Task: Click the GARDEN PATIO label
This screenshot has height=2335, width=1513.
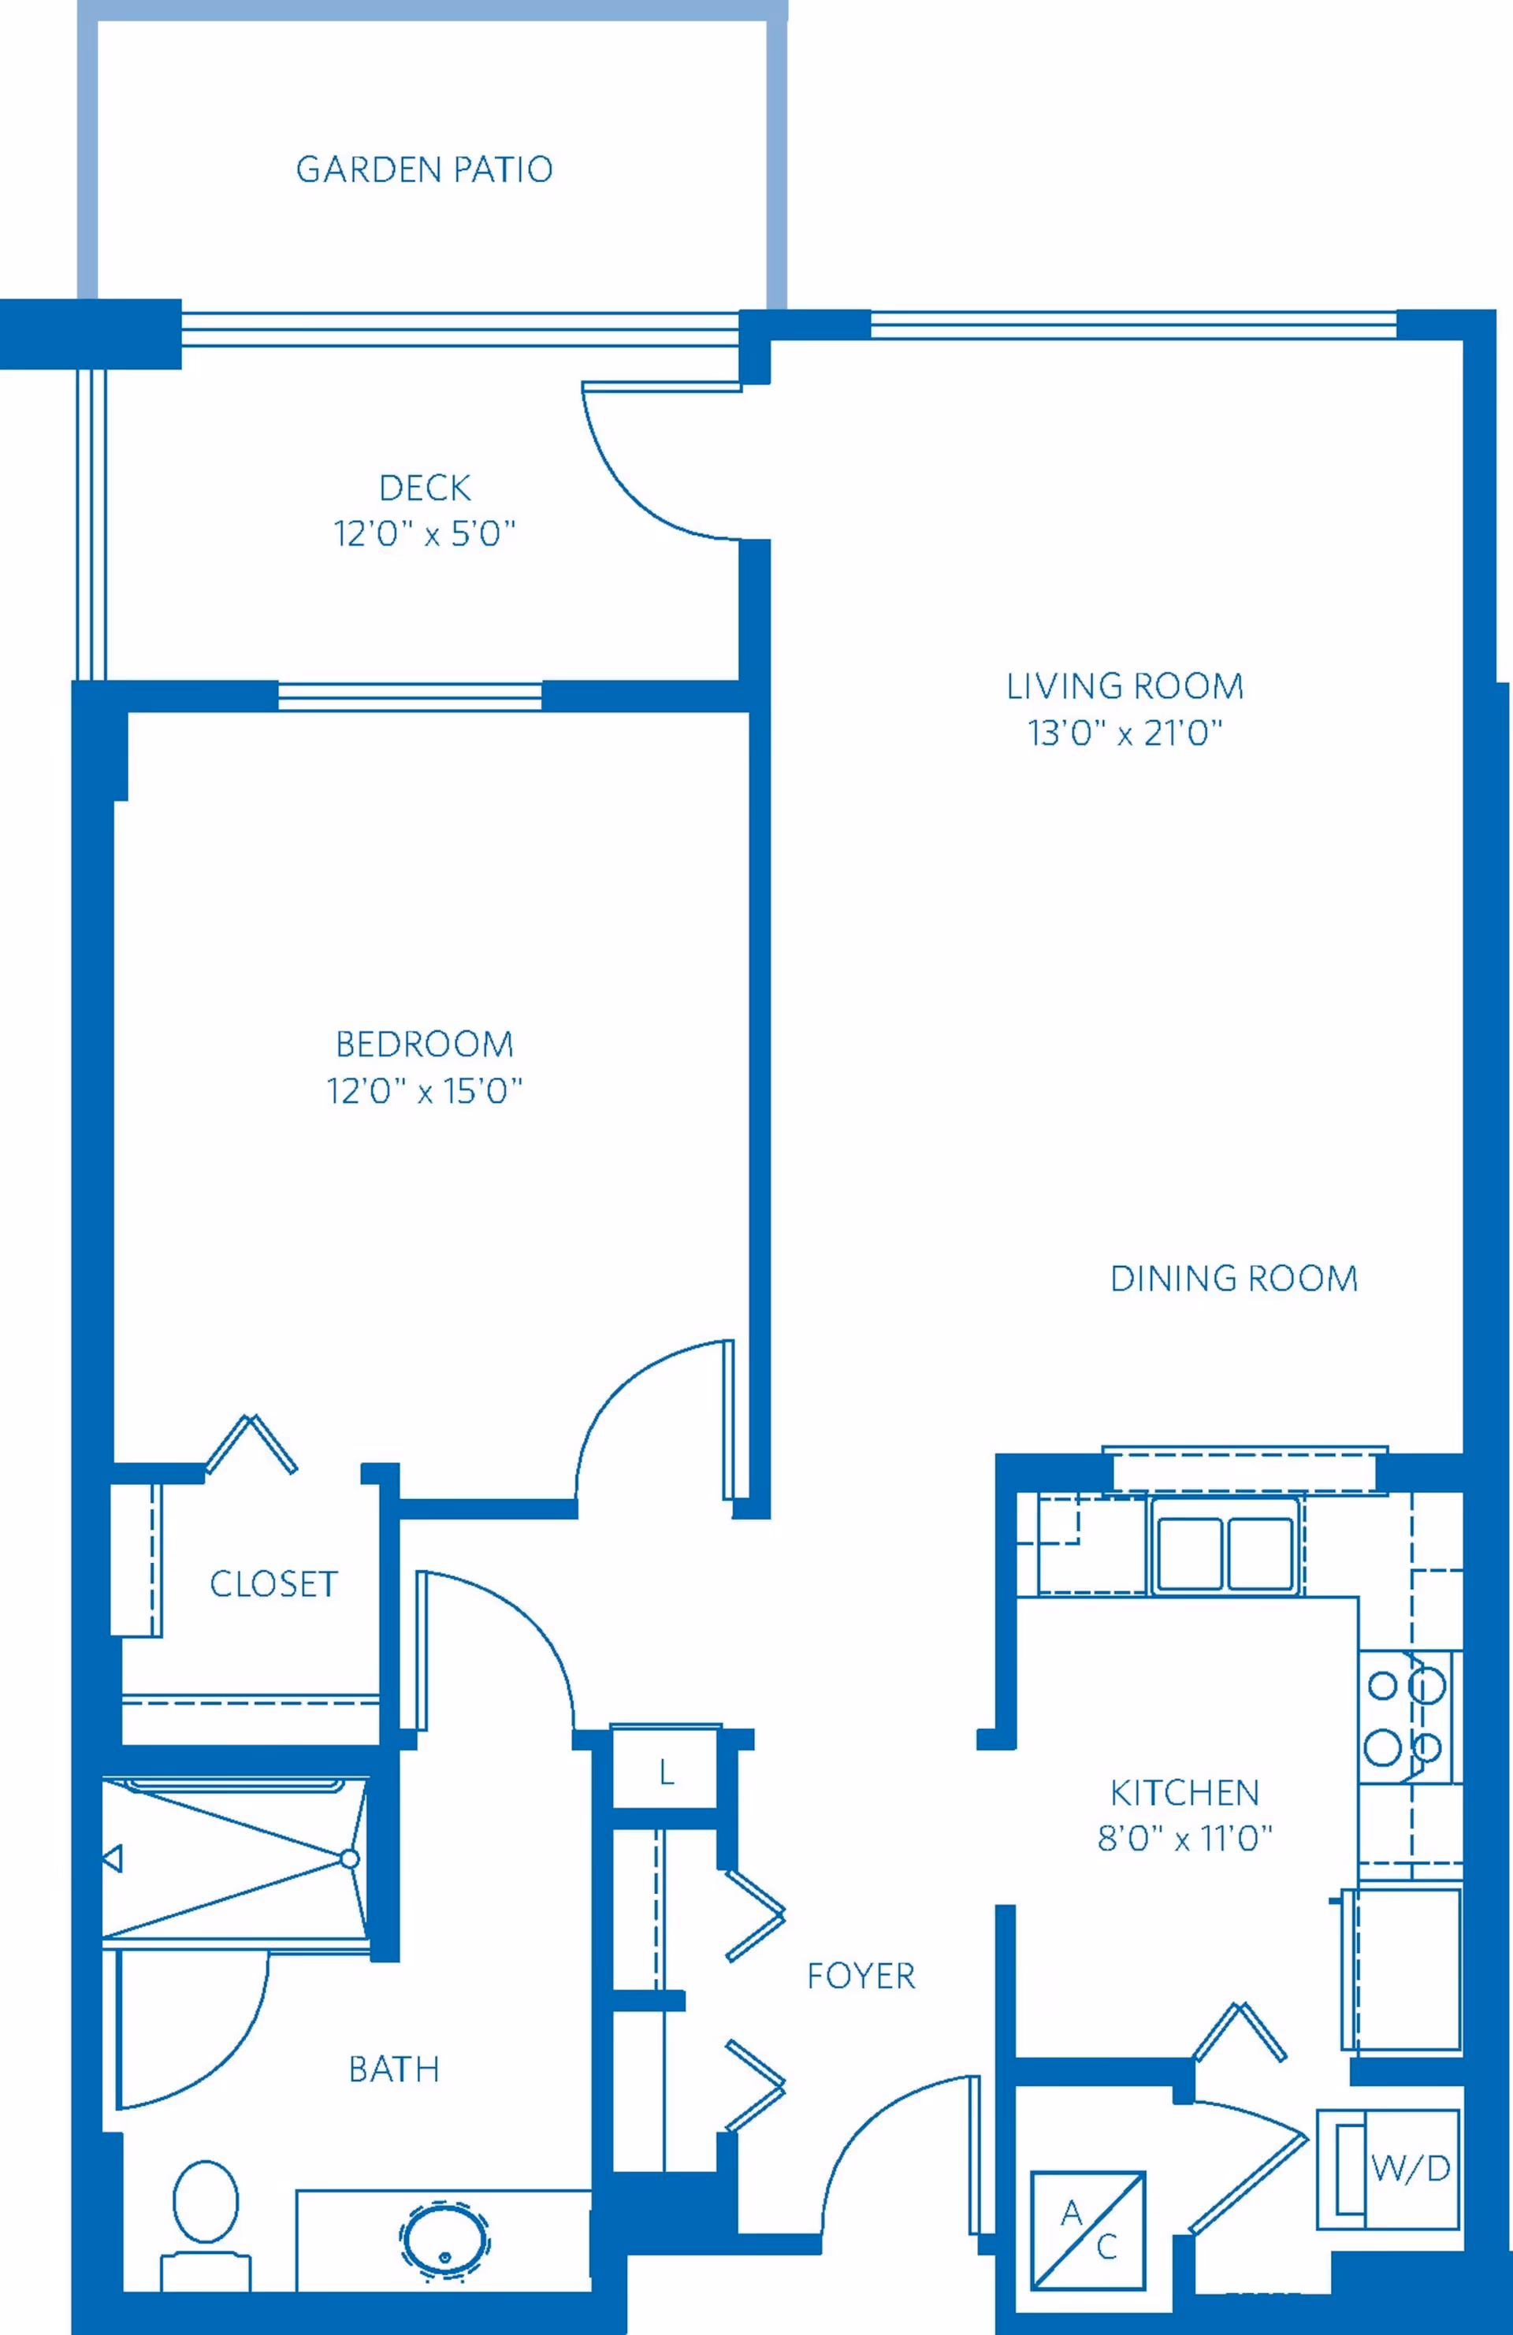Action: tap(424, 169)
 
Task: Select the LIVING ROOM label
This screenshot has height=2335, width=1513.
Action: tap(1125, 686)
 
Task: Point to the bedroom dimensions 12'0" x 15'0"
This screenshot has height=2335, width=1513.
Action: tap(424, 1091)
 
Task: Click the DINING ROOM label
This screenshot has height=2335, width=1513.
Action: tap(1233, 1279)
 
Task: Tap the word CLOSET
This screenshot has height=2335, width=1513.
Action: tap(273, 1584)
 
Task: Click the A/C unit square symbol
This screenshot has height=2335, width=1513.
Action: tap(1087, 2230)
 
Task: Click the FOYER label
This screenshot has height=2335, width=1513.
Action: tap(861, 1976)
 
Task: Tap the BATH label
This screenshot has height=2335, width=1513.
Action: tap(393, 2070)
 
